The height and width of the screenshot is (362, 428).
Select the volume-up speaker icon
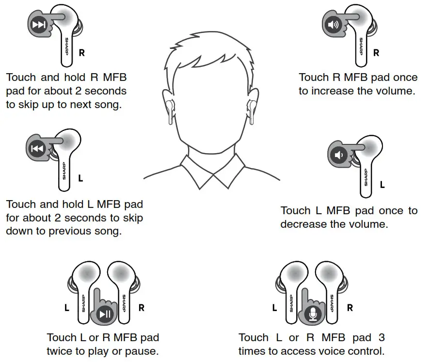332,25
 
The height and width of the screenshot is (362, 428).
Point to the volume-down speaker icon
338,155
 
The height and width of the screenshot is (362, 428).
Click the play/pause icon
105,314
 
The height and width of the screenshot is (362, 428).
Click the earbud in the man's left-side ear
169,109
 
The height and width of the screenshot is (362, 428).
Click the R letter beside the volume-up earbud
376,53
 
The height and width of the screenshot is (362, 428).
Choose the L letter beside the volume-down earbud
382,185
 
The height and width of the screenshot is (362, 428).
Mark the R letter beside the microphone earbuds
350,308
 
